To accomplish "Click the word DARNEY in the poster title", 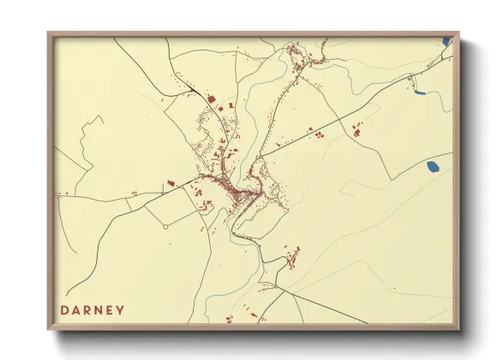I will pyautogui.click(x=93, y=310).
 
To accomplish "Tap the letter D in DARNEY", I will pyautogui.click(x=65, y=310).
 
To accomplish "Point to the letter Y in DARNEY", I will pyautogui.click(x=120, y=310).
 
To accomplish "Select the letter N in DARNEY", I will pyautogui.click(x=99, y=310).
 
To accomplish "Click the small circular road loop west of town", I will pyautogui.click(x=165, y=227).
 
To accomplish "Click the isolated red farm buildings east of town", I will pyautogui.click(x=357, y=129).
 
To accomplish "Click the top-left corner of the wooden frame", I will pyautogui.click(x=49, y=33).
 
